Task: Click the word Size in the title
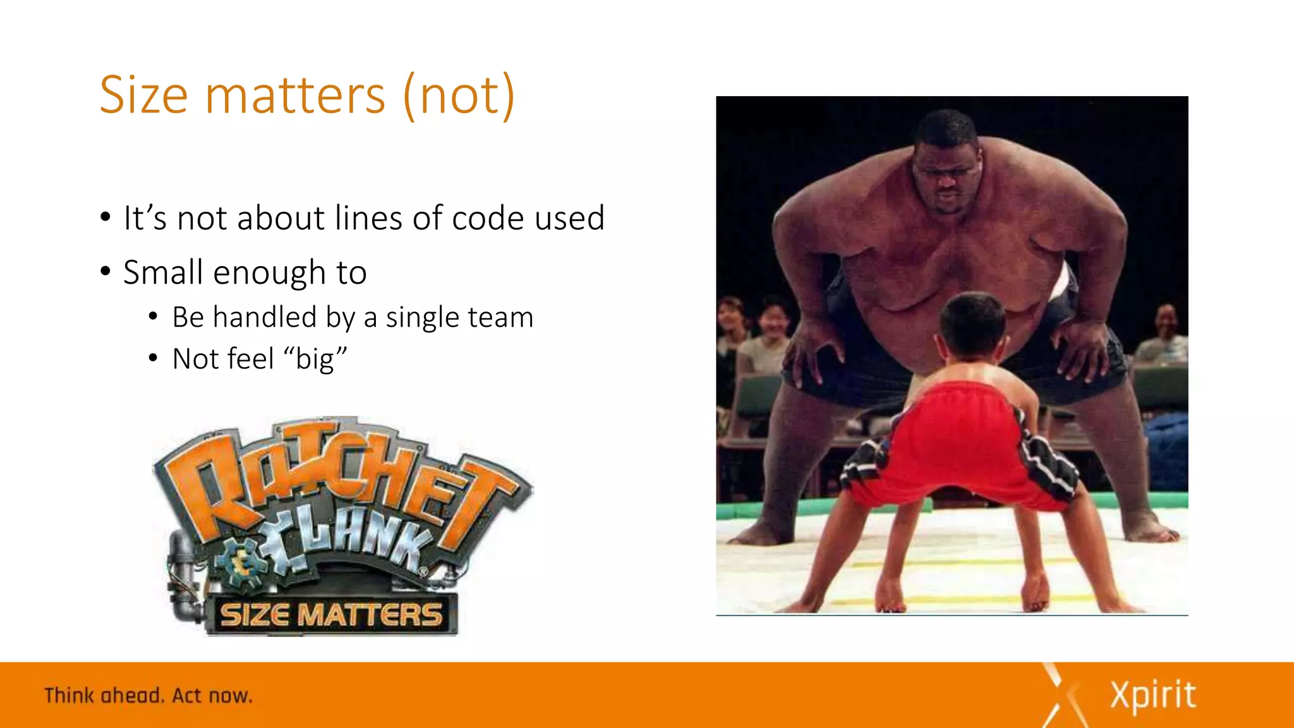click(x=144, y=95)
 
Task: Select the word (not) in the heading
click(x=459, y=95)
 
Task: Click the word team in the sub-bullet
click(x=503, y=317)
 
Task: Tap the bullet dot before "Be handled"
click(x=153, y=317)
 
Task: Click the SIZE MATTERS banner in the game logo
click(x=330, y=614)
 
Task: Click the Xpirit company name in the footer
click(x=1152, y=696)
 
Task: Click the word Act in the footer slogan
click(x=187, y=696)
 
